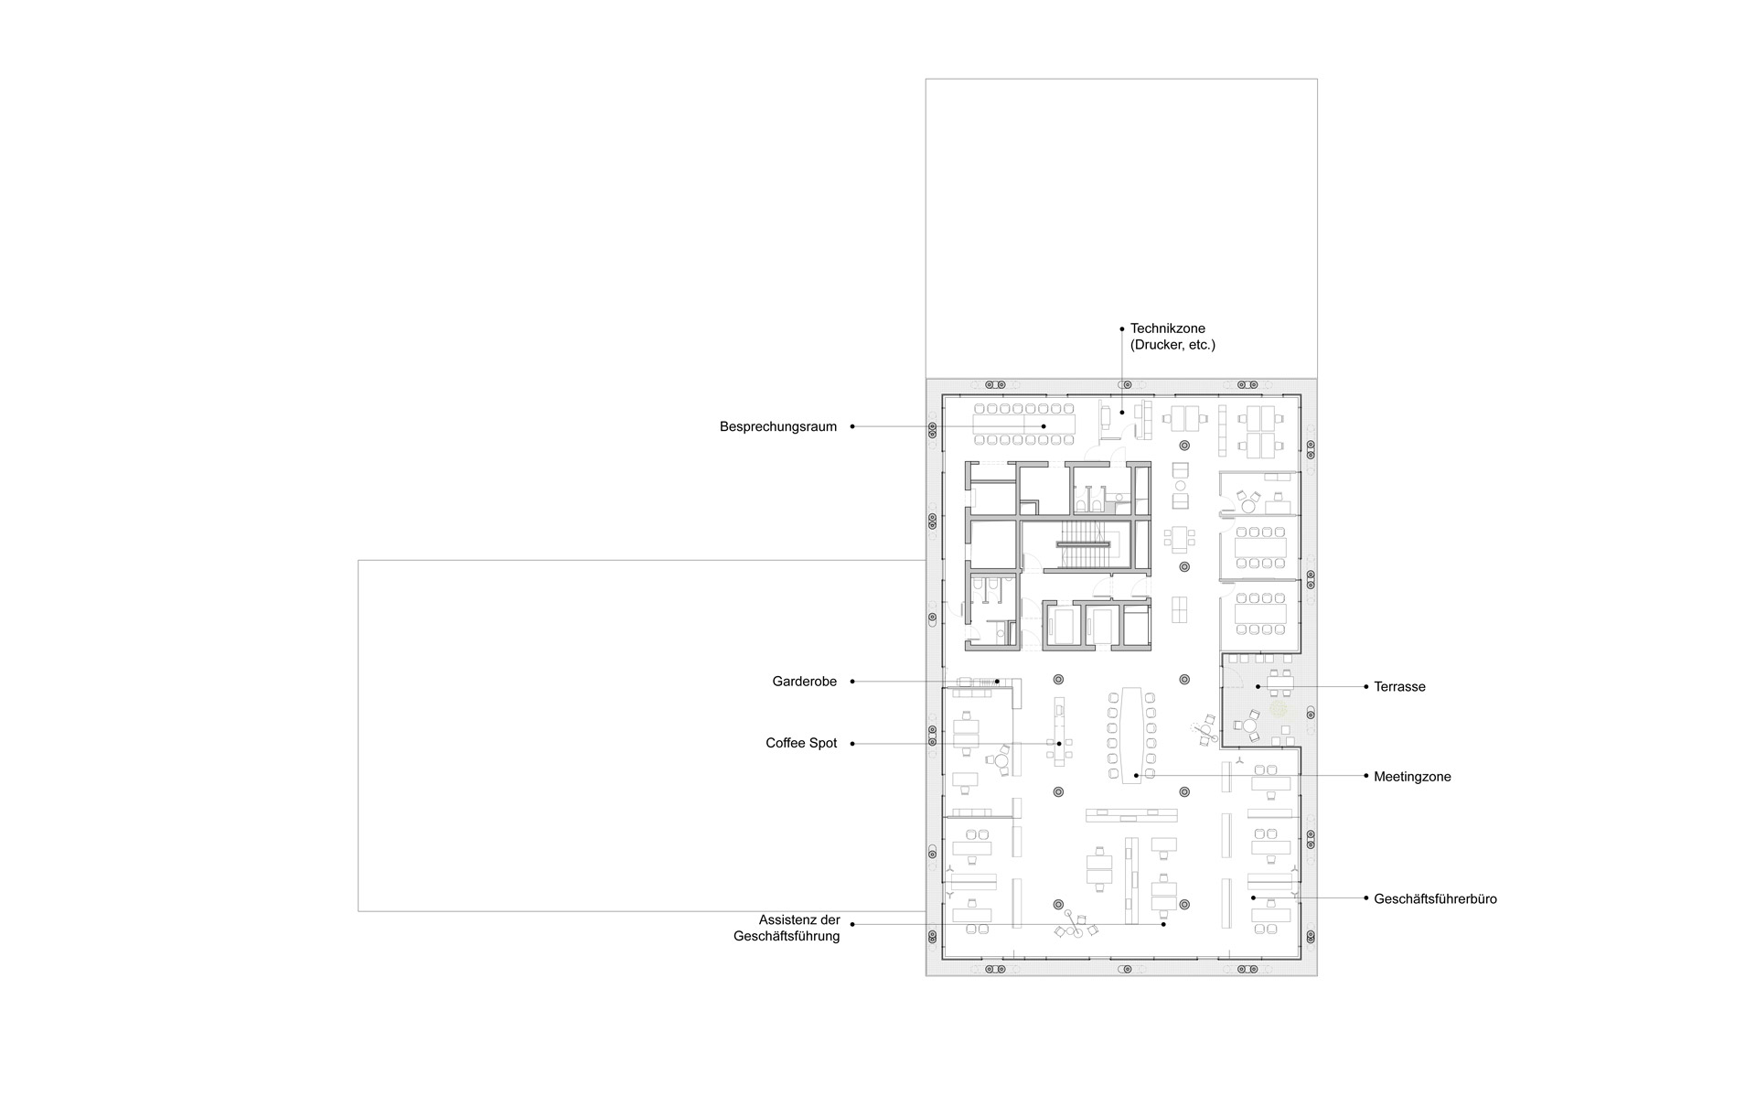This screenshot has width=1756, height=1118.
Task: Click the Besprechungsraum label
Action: (777, 426)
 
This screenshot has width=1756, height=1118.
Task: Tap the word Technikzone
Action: (1168, 328)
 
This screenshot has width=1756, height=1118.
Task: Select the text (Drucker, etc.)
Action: (1172, 345)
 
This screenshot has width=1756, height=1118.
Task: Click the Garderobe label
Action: (804, 682)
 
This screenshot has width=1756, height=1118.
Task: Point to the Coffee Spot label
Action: (801, 743)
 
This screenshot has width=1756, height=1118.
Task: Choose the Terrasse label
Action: (1399, 686)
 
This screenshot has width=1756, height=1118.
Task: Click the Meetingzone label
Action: (1412, 777)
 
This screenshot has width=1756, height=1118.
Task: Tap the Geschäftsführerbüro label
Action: (1435, 898)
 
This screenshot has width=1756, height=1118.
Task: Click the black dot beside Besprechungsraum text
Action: (852, 426)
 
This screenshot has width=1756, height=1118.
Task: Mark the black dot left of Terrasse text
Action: (1365, 686)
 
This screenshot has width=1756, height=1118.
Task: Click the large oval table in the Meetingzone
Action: (1130, 733)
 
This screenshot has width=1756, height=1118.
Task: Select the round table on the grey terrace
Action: (1250, 725)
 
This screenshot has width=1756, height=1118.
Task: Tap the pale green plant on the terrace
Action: (1278, 708)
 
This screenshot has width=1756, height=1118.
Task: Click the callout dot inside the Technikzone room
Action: (1122, 413)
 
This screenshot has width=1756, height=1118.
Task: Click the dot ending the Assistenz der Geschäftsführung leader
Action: (1163, 924)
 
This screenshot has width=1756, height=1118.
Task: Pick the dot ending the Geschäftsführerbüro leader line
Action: (1253, 898)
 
